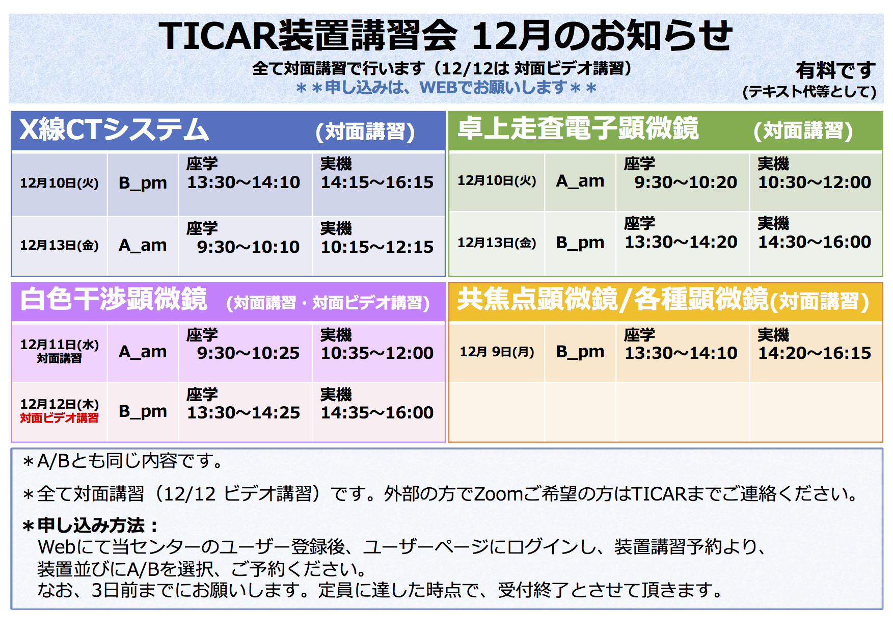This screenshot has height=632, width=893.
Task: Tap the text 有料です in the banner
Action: [x=835, y=70]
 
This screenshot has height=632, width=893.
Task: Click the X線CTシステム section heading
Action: [x=114, y=129]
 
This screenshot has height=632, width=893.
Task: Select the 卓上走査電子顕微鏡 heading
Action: [x=578, y=128]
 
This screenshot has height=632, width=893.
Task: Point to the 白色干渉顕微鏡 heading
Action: [x=114, y=299]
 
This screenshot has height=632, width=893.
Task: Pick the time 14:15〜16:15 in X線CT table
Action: [x=377, y=182]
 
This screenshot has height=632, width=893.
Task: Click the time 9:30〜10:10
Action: [x=249, y=247]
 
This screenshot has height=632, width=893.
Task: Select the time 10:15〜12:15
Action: [x=377, y=247]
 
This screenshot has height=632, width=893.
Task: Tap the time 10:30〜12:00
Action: [x=815, y=182]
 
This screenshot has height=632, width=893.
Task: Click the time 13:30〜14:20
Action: [x=681, y=242]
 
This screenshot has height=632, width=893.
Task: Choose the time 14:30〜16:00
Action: [x=815, y=242]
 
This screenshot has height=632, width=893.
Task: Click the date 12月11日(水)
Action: [x=60, y=345]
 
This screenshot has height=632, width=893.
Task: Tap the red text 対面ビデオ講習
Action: [x=60, y=418]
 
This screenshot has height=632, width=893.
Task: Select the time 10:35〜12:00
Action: [x=377, y=353]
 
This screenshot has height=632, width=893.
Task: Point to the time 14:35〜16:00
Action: [x=377, y=413]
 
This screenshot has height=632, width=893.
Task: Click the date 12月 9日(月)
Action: [x=497, y=352]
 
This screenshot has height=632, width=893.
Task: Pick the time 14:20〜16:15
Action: [x=815, y=353]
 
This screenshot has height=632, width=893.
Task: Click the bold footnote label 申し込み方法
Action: [x=91, y=525]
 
